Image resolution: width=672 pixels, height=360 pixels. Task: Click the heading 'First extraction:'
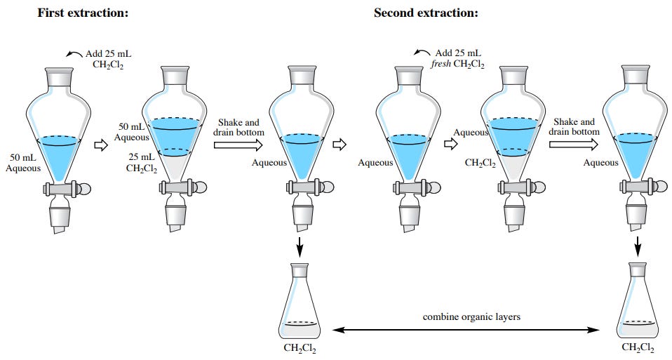click(83, 13)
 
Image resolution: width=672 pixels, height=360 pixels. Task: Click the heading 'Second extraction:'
click(426, 13)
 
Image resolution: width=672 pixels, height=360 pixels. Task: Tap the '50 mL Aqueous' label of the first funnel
click(23, 163)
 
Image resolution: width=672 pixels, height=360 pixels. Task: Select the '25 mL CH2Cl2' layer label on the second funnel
click(142, 163)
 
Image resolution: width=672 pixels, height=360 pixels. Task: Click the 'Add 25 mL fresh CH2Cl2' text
click(458, 59)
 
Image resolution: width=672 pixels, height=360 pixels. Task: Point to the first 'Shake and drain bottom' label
click(238, 127)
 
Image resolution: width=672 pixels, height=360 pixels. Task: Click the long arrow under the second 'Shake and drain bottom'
click(573, 145)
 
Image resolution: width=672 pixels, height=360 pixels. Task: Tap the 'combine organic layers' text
click(471, 316)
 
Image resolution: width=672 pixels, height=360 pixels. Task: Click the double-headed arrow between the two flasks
click(466, 330)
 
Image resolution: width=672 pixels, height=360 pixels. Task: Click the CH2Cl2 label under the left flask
click(300, 348)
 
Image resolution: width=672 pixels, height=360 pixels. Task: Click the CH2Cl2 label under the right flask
click(638, 347)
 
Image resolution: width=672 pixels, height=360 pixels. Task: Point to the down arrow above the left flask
click(300, 246)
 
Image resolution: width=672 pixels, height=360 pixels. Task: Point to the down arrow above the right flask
click(638, 246)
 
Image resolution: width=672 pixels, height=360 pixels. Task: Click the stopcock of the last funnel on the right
click(643, 187)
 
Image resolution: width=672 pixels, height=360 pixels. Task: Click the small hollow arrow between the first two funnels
click(101, 145)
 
